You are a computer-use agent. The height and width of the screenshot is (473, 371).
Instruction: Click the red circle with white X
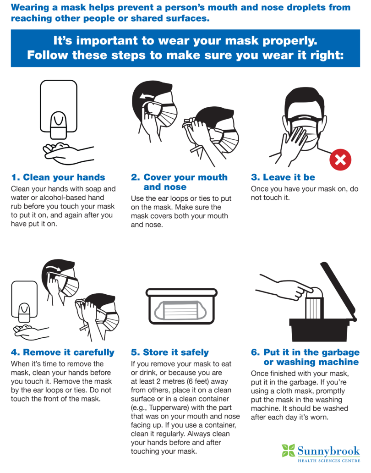(340, 159)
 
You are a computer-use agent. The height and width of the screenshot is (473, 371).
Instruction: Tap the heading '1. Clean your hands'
(58, 177)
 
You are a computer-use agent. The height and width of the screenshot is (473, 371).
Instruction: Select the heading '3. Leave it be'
(283, 177)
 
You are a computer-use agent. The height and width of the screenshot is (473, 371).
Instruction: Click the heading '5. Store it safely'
(169, 352)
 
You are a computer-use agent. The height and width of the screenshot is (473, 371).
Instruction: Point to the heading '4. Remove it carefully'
(62, 352)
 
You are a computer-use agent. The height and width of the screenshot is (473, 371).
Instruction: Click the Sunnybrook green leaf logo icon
(288, 451)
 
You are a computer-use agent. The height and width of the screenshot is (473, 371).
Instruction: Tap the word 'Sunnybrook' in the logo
(328, 450)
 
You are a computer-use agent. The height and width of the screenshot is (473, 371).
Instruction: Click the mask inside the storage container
(181, 311)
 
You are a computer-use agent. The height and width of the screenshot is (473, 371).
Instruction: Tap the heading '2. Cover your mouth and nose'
(179, 182)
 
